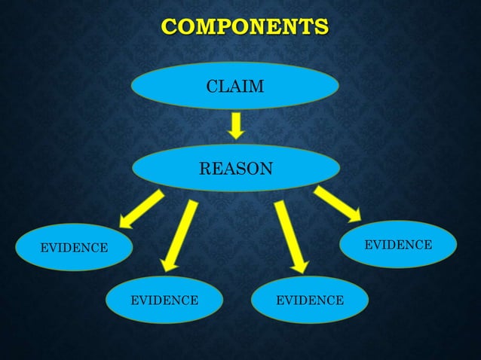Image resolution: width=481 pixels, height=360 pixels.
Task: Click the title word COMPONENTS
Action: tap(245, 28)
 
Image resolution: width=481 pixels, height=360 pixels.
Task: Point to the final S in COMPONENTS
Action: tap(322, 28)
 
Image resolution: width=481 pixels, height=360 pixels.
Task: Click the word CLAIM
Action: tap(235, 87)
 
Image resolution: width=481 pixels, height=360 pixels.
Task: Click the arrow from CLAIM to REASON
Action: tap(236, 125)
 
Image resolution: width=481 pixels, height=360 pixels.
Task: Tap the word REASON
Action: tap(236, 168)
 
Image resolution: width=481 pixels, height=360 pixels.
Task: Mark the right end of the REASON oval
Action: tap(337, 167)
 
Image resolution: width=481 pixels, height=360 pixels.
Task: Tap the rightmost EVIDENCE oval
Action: tap(398, 245)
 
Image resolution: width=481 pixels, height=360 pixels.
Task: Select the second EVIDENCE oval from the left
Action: tap(165, 301)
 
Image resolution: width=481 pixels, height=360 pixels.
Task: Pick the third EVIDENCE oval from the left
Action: tap(310, 301)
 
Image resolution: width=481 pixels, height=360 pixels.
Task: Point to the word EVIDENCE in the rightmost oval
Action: tap(398, 245)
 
